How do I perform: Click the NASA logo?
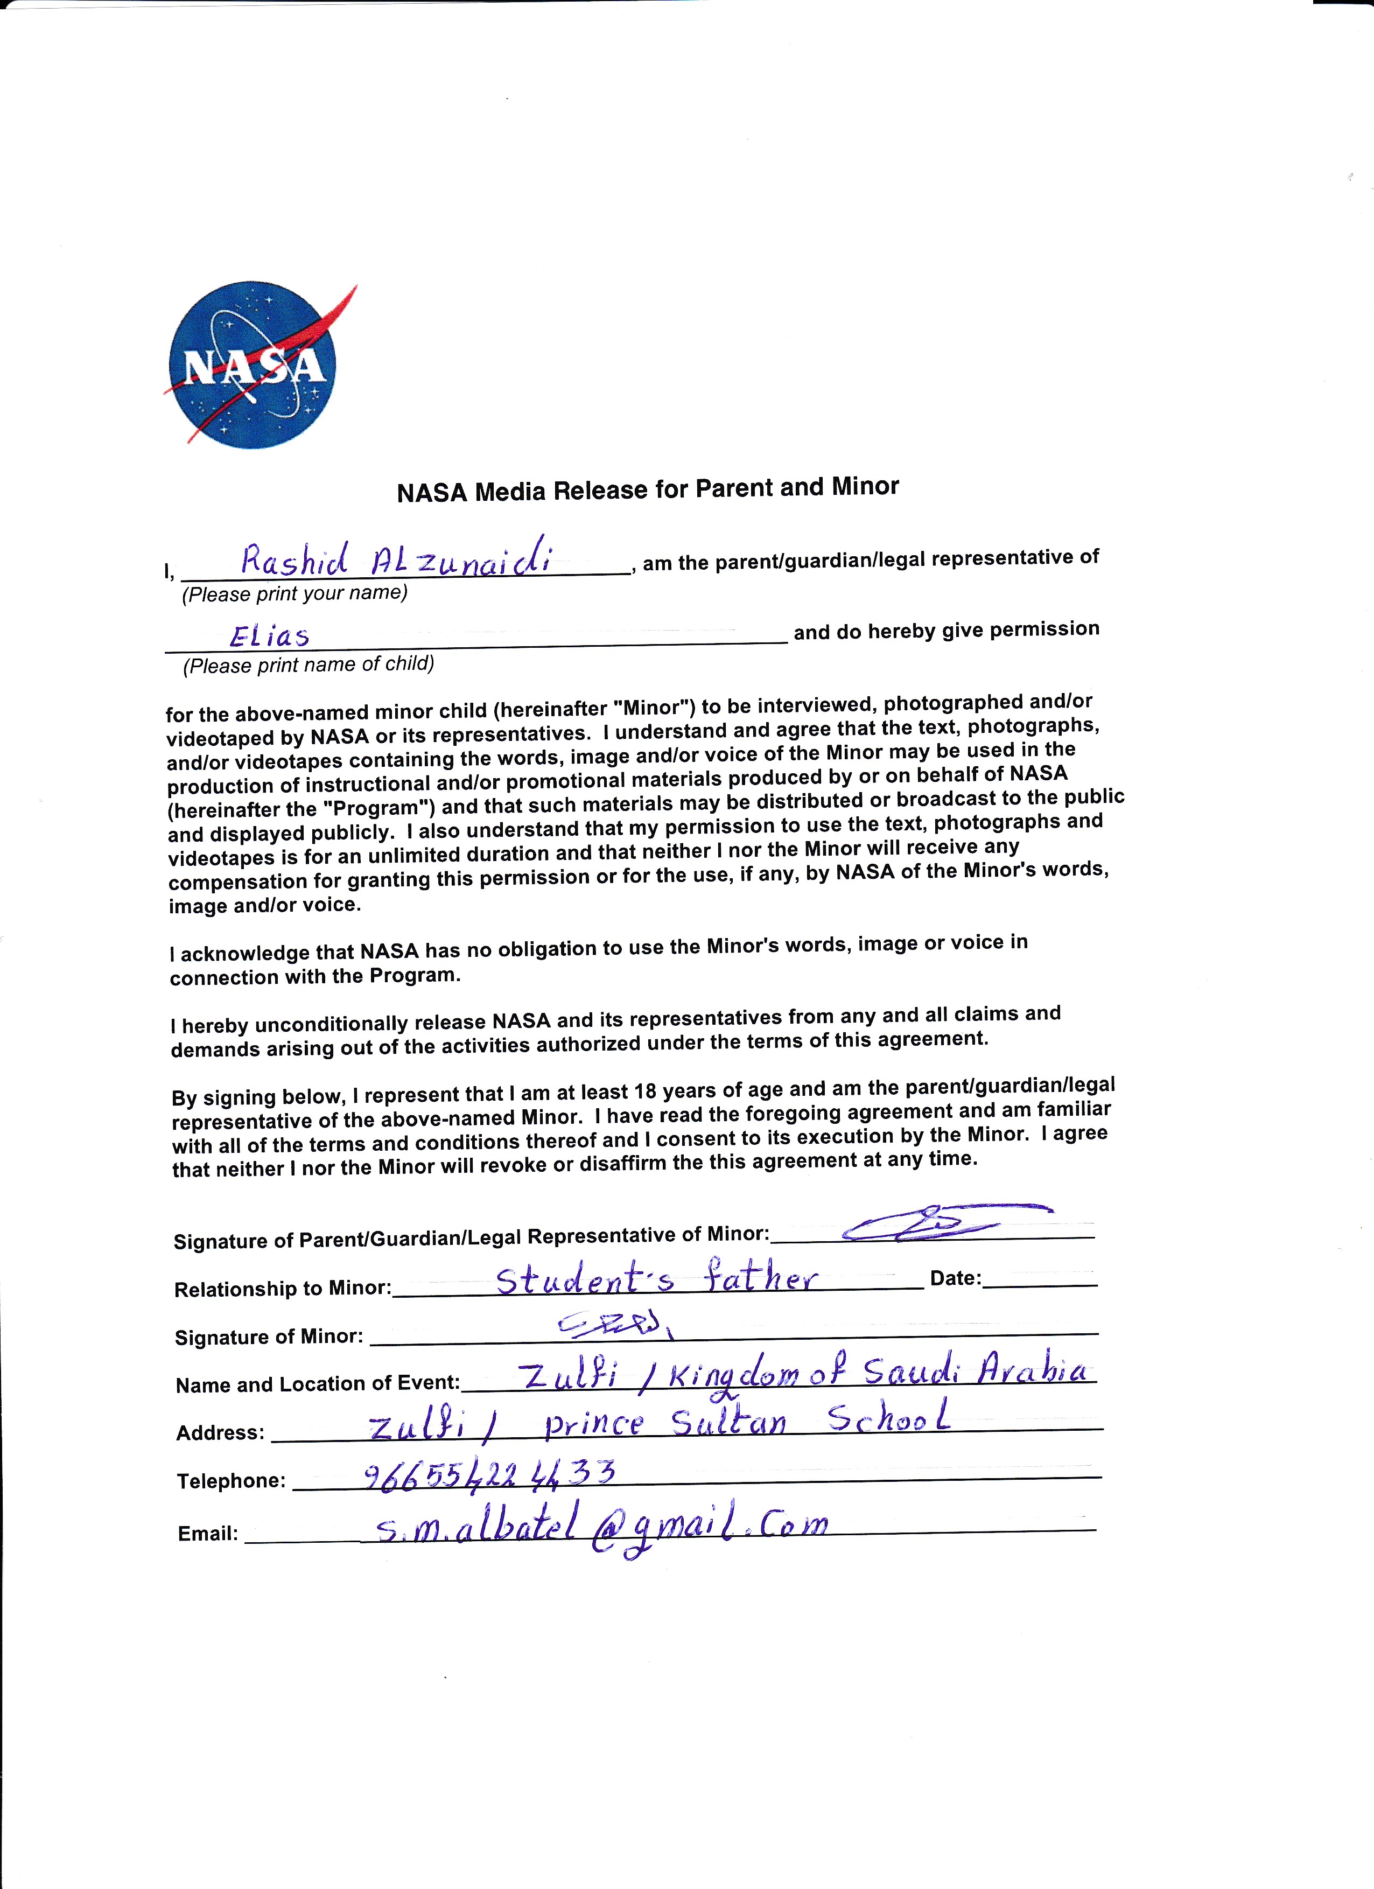click(x=253, y=364)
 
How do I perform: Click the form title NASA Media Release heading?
click(x=648, y=489)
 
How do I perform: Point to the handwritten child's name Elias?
click(x=270, y=636)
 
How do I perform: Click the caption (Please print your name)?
click(x=295, y=594)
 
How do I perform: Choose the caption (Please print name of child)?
click(x=308, y=664)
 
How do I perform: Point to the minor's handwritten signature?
click(x=616, y=1324)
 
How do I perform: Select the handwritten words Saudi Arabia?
click(x=975, y=1371)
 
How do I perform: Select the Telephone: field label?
click(x=230, y=1481)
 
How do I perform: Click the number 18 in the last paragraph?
click(x=646, y=1090)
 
